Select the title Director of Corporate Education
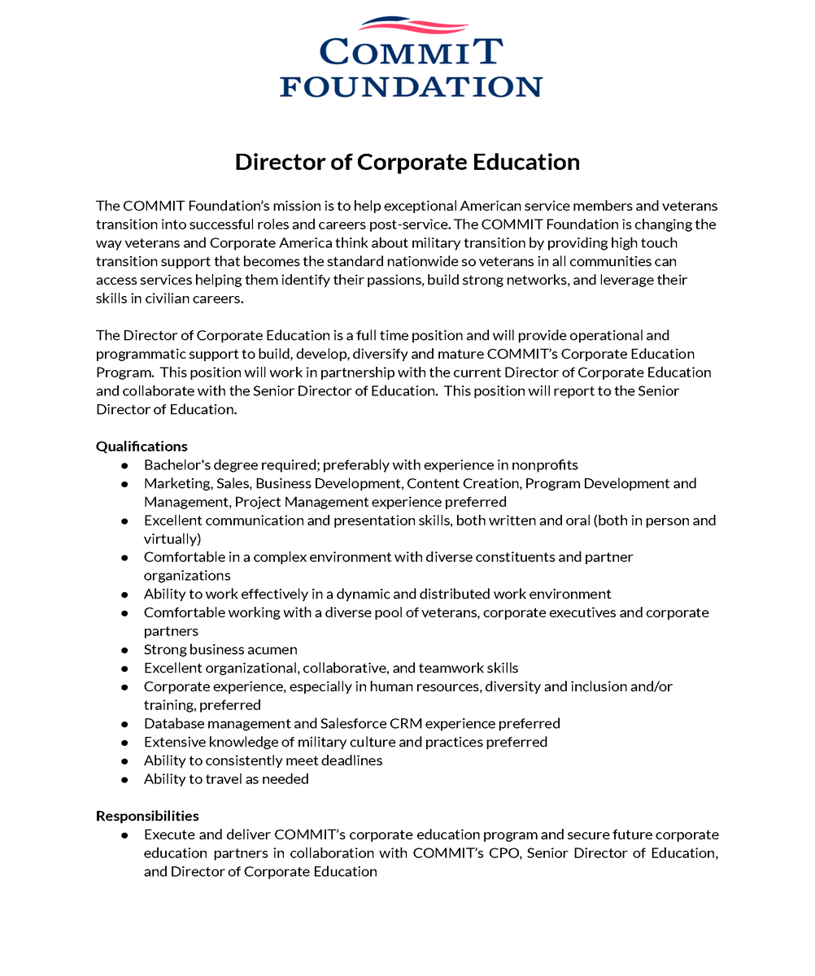[x=407, y=162]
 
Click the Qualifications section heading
[x=142, y=446]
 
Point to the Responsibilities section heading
[x=147, y=815]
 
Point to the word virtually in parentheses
[x=172, y=538]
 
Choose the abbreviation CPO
[x=493, y=852]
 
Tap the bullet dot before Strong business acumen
[x=124, y=650]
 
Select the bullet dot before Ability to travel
[x=124, y=779]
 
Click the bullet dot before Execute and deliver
[x=124, y=834]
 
